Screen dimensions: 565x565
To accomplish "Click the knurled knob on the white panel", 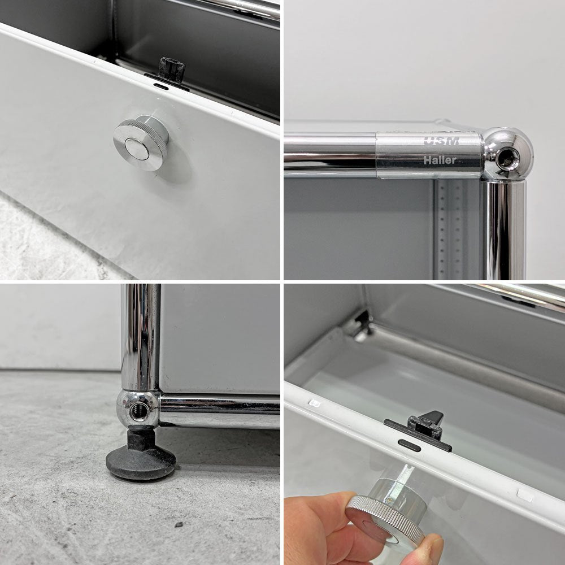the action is point(141,143).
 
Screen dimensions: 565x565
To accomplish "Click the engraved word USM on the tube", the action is point(441,141).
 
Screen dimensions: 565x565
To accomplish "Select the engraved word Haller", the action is point(440,160).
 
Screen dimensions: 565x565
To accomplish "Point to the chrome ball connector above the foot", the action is point(138,408).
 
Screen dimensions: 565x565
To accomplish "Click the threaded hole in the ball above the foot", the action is point(138,411).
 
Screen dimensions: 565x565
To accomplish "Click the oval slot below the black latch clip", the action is point(409,445).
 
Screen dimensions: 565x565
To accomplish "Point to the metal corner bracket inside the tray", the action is point(359,325).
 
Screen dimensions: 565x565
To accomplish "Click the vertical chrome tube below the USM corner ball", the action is point(504,230).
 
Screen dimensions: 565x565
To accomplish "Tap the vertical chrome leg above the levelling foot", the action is point(141,337).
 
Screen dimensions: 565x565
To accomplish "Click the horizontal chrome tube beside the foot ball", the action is point(220,411).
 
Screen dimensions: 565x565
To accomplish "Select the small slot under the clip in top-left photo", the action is point(160,86).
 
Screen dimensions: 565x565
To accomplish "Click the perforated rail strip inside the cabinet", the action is point(449,229).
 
